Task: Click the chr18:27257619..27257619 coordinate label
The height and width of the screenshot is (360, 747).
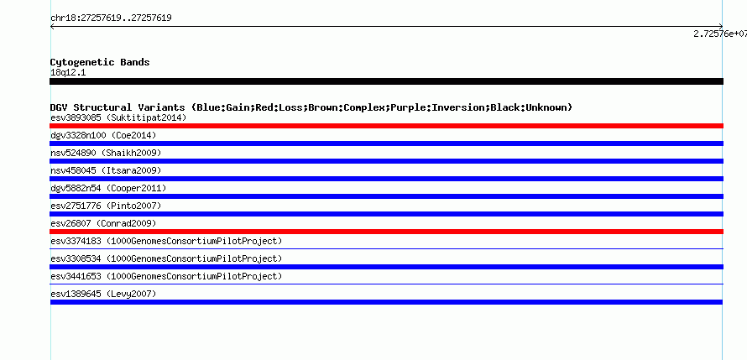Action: pos(111,18)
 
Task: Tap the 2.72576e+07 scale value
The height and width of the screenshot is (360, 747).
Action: pos(720,34)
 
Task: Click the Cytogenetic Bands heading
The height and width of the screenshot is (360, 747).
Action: pos(100,62)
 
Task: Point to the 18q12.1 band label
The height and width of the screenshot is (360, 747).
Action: pos(68,73)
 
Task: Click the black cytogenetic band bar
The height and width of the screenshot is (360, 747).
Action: pos(386,81)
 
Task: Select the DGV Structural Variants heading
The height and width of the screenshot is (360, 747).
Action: pos(311,107)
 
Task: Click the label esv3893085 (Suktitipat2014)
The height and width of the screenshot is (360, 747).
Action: pos(118,117)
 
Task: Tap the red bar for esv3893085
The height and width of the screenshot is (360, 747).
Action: pos(386,126)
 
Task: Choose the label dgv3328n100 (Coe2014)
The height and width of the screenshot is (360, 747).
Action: pos(103,135)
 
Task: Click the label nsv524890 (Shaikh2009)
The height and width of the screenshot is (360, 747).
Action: pos(106,153)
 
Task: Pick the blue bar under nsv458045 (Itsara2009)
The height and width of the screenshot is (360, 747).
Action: pos(386,179)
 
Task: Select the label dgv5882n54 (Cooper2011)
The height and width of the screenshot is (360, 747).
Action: pos(108,188)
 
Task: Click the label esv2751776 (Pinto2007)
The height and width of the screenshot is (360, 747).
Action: pos(106,206)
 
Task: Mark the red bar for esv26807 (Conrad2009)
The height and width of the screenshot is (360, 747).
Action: pos(386,232)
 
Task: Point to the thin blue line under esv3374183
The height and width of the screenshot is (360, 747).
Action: pos(386,248)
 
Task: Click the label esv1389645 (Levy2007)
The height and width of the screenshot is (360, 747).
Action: pos(103,294)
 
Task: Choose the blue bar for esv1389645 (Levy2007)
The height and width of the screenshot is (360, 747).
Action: pos(386,302)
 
